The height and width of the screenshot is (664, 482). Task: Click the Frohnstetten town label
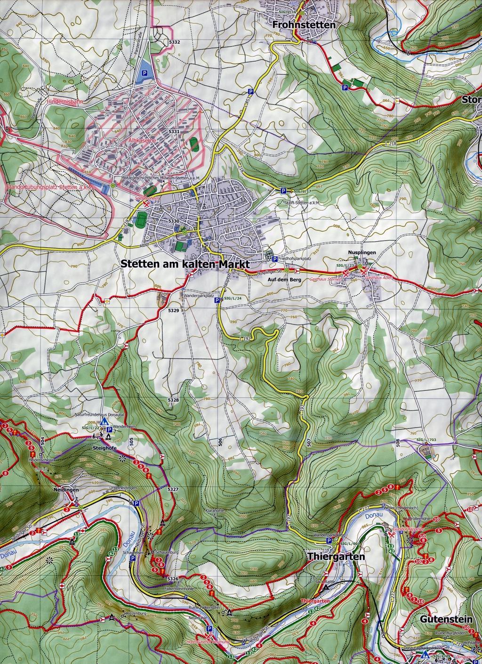(303, 25)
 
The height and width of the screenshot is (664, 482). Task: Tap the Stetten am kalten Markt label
(185, 264)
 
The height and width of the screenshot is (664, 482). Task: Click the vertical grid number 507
(308, 443)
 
